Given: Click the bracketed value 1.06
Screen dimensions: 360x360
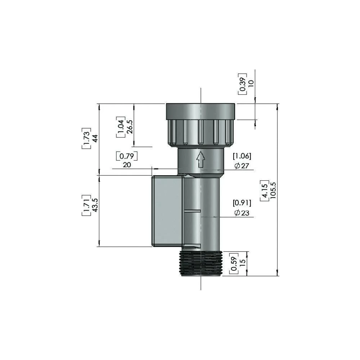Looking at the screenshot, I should tap(242, 156).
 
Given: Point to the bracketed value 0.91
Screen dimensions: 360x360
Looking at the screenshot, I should tap(242, 202).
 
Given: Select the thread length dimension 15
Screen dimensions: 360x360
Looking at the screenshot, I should tap(242, 263).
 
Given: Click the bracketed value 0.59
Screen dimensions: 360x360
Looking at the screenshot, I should tap(234, 263).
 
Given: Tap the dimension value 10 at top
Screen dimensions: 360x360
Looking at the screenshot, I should tap(251, 82).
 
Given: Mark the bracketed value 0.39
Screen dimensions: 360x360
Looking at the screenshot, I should tap(242, 84).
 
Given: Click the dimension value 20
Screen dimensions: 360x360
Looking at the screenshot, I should tap(126, 165).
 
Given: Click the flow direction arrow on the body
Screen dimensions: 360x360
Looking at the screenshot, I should tap(200, 159).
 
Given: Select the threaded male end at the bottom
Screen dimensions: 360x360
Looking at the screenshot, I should tap(201, 264).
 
